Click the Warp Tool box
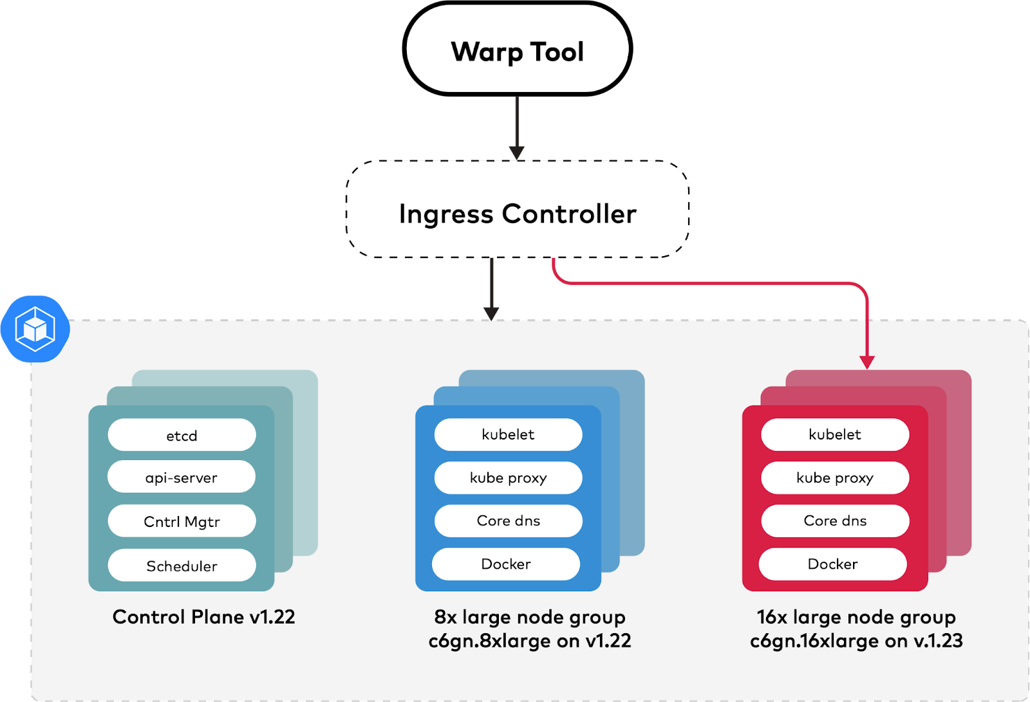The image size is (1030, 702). (518, 51)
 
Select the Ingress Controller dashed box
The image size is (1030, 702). (518, 212)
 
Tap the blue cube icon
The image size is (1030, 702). (35, 329)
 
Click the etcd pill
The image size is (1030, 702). (182, 436)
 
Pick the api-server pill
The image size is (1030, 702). (182, 477)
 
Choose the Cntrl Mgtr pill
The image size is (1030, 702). (182, 521)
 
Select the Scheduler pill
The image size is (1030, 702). (182, 566)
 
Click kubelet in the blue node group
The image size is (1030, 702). (508, 434)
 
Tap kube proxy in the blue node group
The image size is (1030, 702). (508, 477)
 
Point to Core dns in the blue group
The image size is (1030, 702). (508, 521)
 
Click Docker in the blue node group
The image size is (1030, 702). (506, 564)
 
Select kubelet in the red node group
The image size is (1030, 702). (835, 434)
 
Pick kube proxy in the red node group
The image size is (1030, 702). (835, 477)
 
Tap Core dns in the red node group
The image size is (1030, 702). (835, 521)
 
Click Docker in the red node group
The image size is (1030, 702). (833, 564)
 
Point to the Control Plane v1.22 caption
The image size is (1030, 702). (203, 616)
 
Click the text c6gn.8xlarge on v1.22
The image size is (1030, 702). (530, 641)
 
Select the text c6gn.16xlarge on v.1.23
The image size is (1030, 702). (856, 641)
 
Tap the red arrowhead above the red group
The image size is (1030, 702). (867, 362)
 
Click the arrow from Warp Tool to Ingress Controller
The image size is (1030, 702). (516, 126)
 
